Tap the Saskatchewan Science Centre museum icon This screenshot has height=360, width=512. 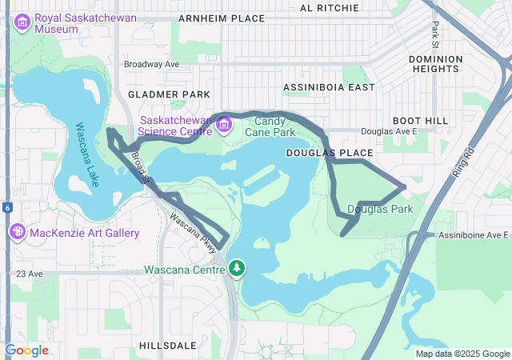point(223,124)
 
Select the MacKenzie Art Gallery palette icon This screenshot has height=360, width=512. point(17,232)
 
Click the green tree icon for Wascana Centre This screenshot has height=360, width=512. point(237,269)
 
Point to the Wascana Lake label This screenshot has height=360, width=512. point(87,154)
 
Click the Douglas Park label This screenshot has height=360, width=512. point(380,209)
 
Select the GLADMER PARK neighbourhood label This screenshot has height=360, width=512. point(169,94)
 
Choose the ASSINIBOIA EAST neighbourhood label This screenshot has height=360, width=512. point(329,86)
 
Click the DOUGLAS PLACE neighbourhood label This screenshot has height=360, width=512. point(330,152)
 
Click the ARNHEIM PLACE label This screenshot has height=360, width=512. point(221,18)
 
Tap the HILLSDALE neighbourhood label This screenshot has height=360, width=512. point(167,345)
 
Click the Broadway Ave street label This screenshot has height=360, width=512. point(152,64)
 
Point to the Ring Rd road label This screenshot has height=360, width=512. point(463,162)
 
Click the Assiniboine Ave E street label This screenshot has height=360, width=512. point(474,235)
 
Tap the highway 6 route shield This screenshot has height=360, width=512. point(6,207)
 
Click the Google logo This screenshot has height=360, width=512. point(26,350)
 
